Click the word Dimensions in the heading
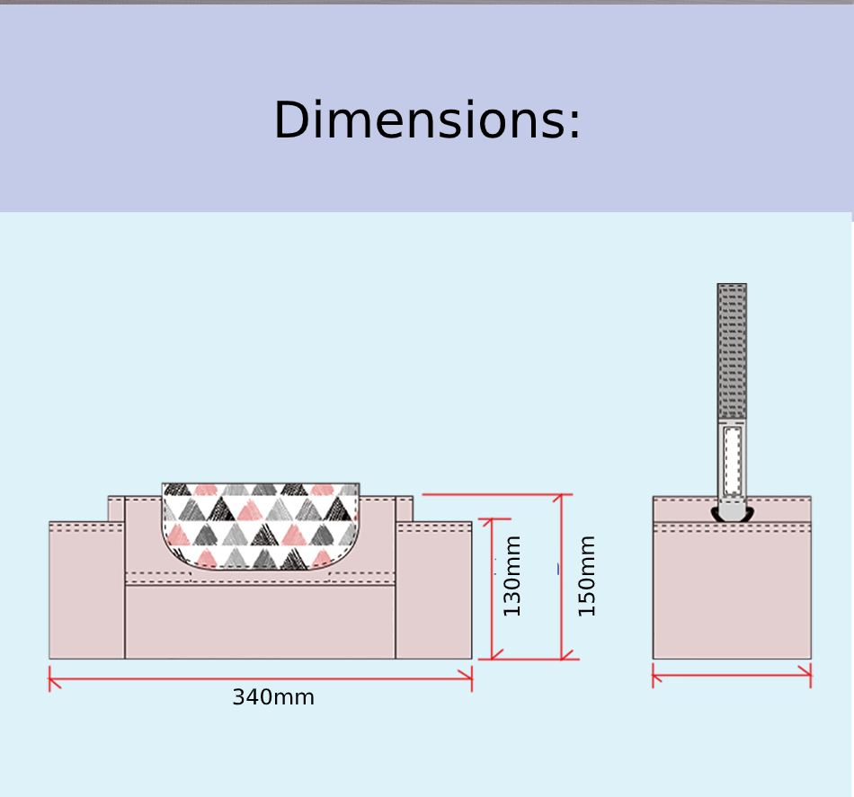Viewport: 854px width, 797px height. click(x=421, y=120)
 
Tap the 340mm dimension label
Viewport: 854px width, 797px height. click(x=273, y=697)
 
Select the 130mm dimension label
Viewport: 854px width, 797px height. click(x=512, y=576)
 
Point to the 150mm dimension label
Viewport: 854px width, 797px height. click(x=586, y=576)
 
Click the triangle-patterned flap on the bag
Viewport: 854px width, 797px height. click(x=261, y=526)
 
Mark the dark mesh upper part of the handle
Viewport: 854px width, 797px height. click(x=732, y=351)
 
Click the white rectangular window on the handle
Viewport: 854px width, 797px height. click(x=733, y=461)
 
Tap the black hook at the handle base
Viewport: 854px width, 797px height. click(x=732, y=515)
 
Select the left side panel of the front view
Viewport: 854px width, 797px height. click(x=87, y=590)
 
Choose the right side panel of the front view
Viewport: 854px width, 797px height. click(x=433, y=590)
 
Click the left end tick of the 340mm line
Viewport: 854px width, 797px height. click(x=49, y=679)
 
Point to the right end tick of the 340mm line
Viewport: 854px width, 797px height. click(x=472, y=679)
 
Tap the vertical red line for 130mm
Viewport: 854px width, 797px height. click(x=492, y=589)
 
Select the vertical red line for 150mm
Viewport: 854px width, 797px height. click(x=562, y=577)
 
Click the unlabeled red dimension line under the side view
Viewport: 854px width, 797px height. click(x=732, y=676)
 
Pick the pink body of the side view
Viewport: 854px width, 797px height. click(x=732, y=590)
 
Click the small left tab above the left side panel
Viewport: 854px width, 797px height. click(x=116, y=509)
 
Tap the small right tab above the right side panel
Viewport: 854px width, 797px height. click(x=404, y=509)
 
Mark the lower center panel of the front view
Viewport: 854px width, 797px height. click(x=261, y=622)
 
